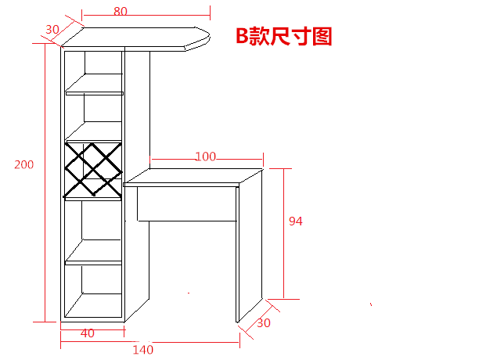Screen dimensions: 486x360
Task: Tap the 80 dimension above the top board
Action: pyautogui.click(x=121, y=12)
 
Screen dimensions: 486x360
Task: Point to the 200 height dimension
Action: pyautogui.click(x=23, y=164)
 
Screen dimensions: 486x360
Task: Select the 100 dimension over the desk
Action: pyautogui.click(x=205, y=157)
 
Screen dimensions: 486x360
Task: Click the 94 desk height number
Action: pyautogui.click(x=295, y=221)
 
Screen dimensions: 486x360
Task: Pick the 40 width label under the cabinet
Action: pyautogui.click(x=88, y=333)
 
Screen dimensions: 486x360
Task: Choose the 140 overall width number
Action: pyautogui.click(x=142, y=349)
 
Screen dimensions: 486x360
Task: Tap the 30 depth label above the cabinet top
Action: pyautogui.click(x=52, y=29)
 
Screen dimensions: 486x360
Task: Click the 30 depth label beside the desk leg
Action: pyautogui.click(x=264, y=322)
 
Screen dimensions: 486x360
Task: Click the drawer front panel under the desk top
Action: pyautogui.click(x=185, y=204)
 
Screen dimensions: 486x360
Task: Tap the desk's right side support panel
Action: pyautogui.click(x=251, y=250)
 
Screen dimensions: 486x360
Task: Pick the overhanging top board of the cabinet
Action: pyautogui.click(x=141, y=38)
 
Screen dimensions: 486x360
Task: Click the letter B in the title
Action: pyautogui.click(x=243, y=37)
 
